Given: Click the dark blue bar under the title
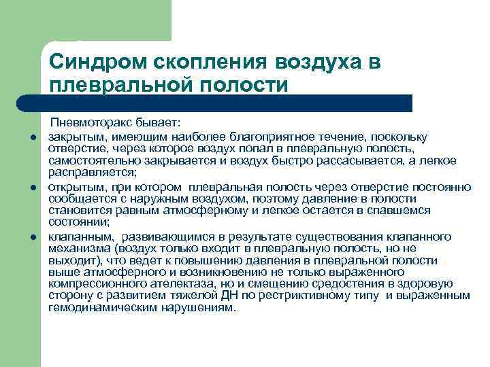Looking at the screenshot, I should [225, 103].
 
